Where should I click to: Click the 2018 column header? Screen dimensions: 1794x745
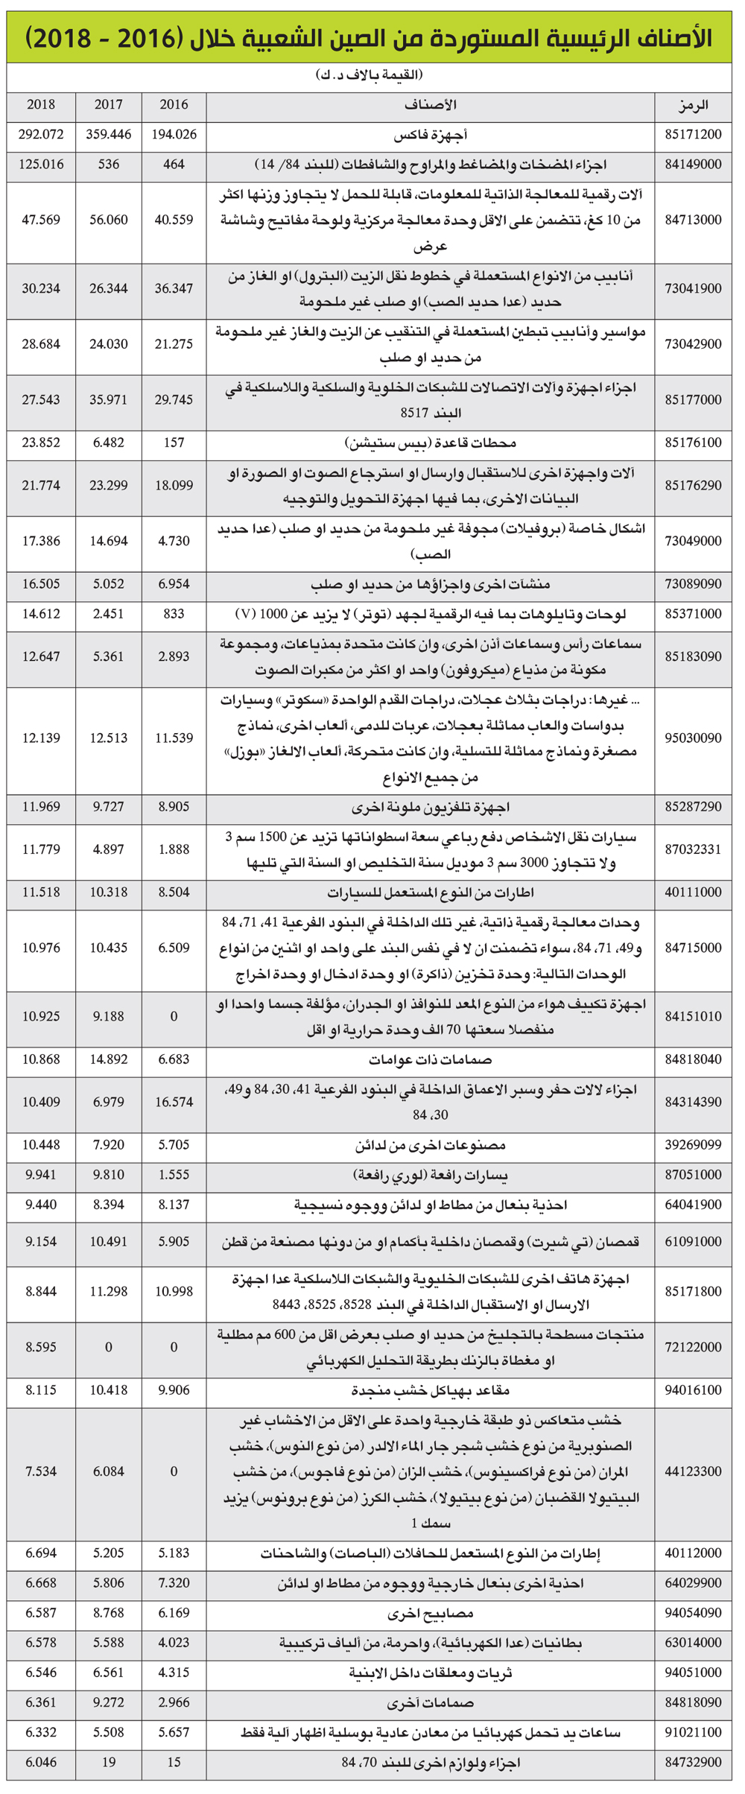(x=41, y=105)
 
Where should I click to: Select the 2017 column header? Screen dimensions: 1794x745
(x=109, y=105)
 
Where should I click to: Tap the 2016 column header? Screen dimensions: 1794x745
(x=174, y=105)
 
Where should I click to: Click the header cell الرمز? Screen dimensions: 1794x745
(x=693, y=105)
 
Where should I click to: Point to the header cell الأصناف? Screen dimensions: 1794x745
(x=431, y=105)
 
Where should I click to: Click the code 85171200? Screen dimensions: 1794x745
(x=693, y=135)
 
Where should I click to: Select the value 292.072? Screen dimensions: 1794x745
(x=41, y=135)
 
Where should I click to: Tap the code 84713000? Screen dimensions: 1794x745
(x=693, y=220)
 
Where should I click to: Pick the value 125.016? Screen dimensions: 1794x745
(x=41, y=165)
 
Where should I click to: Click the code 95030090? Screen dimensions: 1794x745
(x=693, y=738)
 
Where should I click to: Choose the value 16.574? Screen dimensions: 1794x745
(x=174, y=1102)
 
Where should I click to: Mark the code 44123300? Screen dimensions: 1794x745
(x=693, y=1471)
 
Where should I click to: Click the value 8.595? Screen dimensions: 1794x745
(x=41, y=1347)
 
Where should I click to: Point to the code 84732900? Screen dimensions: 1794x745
(x=693, y=1763)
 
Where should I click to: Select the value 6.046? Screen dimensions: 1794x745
(x=41, y=1763)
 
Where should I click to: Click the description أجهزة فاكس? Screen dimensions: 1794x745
(x=431, y=136)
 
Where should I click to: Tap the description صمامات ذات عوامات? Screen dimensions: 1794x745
(x=431, y=1059)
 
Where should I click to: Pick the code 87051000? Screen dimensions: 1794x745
(x=693, y=1175)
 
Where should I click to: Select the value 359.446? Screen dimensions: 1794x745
(x=109, y=135)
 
